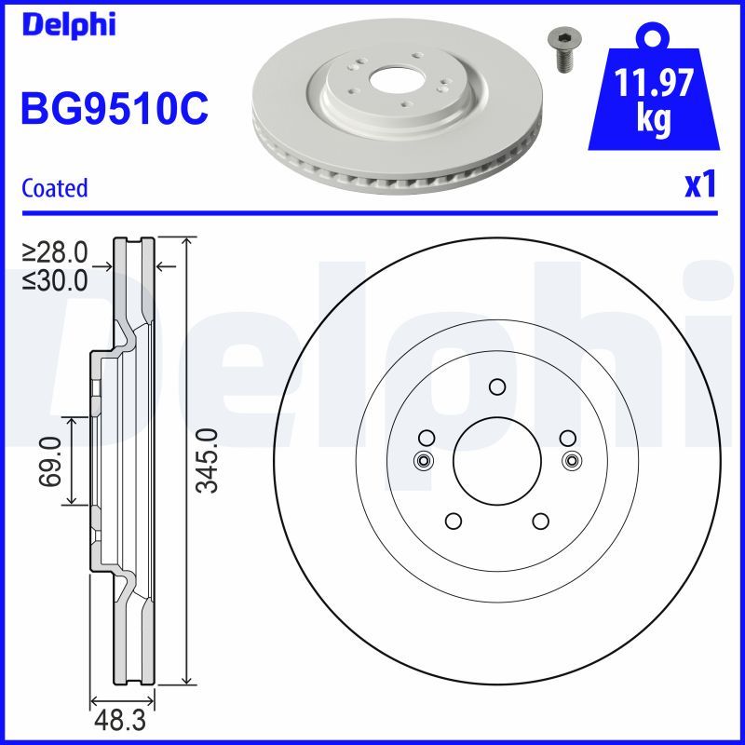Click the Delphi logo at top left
tap(68, 25)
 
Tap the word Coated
tap(54, 188)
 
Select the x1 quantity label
tap(699, 185)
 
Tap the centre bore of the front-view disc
tap(496, 460)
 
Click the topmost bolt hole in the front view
tap(496, 387)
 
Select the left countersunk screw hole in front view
tap(423, 460)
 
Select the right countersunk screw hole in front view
tap(570, 460)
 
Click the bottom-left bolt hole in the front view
tap(453, 521)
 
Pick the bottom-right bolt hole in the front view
tap(540, 521)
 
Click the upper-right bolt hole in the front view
tap(566, 438)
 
